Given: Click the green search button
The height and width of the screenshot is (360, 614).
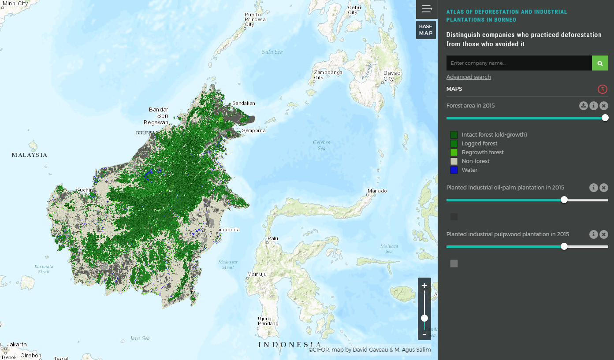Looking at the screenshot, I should tap(600, 63).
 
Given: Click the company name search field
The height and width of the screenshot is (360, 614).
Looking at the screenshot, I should tap(519, 63).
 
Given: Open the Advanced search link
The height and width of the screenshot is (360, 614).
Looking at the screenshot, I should tap(468, 77).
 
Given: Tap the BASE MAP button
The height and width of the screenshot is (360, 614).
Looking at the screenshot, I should tap(426, 30).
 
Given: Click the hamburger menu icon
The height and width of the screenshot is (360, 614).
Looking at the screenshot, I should tap(427, 9).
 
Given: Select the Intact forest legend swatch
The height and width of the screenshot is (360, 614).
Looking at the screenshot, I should tap(454, 135).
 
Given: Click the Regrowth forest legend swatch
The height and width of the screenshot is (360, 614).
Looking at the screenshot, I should tap(454, 152).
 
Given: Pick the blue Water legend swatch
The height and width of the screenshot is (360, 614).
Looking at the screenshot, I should tap(454, 170).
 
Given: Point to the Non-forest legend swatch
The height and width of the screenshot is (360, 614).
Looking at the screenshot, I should tap(454, 161).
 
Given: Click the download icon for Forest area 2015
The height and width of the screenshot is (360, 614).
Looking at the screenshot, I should tap(583, 106).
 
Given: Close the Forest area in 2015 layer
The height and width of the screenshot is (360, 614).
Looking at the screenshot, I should tap(604, 106).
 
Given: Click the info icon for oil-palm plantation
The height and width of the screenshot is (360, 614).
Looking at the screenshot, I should tap(593, 188).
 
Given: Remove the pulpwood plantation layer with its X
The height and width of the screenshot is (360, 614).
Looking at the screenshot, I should tap(604, 234).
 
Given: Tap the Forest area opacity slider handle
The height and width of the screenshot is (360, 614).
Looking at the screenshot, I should tap(605, 118).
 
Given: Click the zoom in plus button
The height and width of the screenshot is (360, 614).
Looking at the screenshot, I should tap(424, 286).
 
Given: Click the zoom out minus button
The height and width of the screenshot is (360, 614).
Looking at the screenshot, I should tap(424, 334).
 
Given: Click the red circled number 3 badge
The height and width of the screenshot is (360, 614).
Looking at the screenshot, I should tap(603, 89).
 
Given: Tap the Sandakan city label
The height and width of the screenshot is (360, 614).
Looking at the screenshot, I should tap(244, 103).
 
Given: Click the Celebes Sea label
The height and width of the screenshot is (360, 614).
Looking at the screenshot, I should tap(321, 145).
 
